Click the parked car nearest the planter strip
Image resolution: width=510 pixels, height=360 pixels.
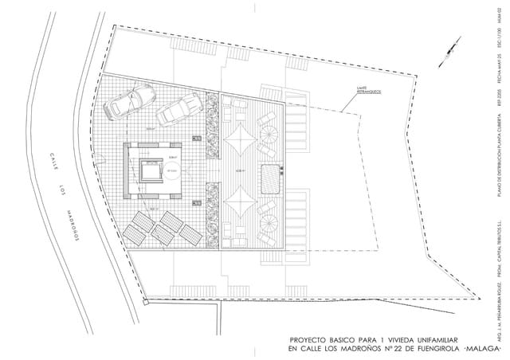[178, 110]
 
